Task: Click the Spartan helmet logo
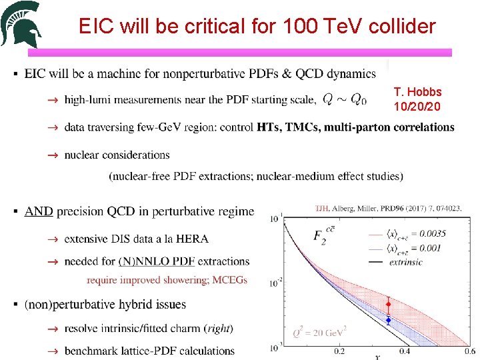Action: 21,25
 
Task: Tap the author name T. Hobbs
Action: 417,92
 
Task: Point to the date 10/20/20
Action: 417,106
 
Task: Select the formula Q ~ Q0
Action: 344,99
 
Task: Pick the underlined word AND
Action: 39,211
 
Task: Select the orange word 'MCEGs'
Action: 229,280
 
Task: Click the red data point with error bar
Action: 389,304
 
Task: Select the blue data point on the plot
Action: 388,321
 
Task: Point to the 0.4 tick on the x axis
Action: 405,351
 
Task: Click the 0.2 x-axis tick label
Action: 339,351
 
